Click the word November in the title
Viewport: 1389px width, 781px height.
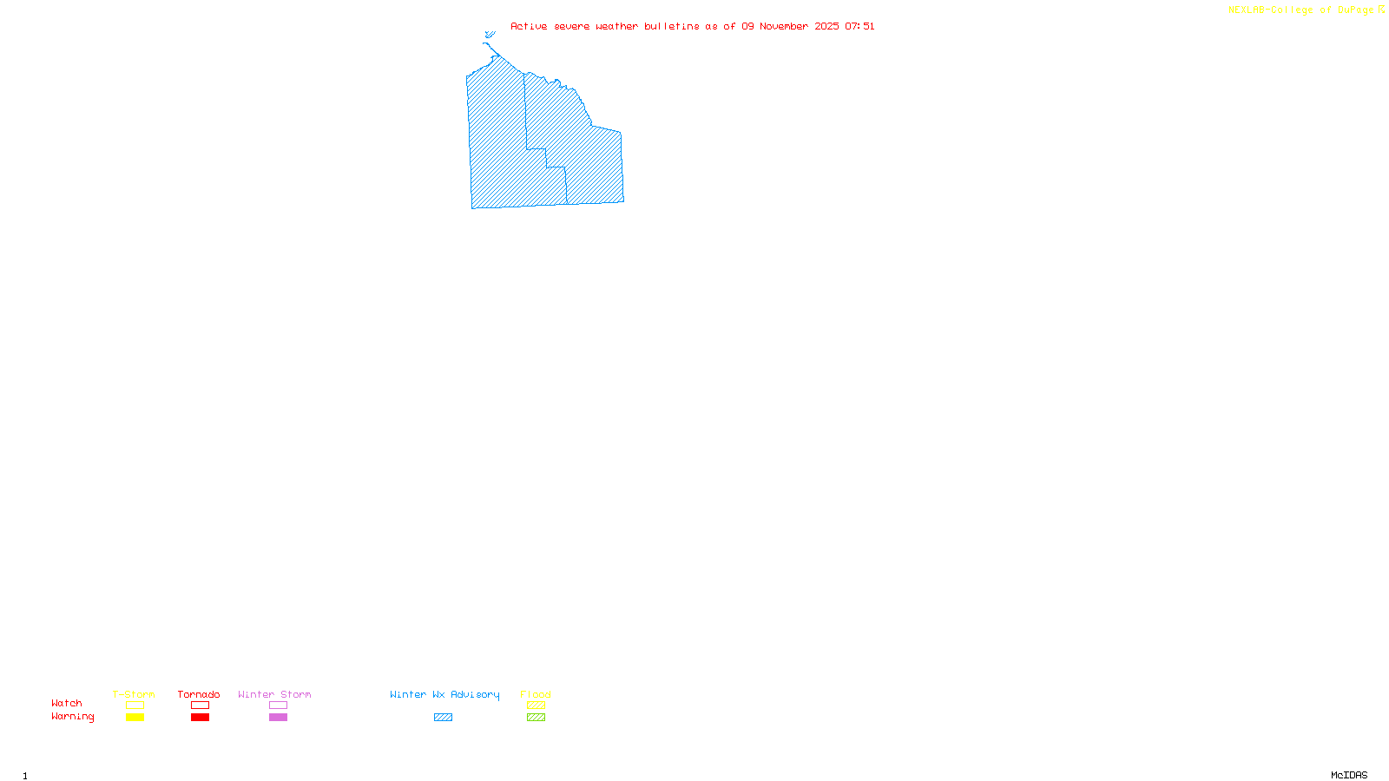click(784, 27)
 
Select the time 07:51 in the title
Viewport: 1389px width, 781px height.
click(859, 27)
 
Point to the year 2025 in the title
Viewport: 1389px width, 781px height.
click(826, 27)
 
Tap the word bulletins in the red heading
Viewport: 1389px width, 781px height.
click(672, 27)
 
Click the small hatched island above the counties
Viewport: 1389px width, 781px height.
click(490, 35)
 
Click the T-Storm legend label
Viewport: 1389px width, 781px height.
click(134, 694)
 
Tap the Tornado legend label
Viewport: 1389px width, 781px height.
click(199, 694)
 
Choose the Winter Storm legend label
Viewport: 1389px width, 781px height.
click(274, 694)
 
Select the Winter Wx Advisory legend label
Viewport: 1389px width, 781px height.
click(444, 694)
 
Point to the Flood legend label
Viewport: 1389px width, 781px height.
click(536, 694)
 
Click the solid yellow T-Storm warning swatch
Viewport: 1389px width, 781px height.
click(135, 718)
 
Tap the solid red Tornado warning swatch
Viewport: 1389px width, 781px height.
click(200, 718)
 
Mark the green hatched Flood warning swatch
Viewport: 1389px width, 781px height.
click(536, 718)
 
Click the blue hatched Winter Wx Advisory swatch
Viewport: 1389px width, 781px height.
click(443, 718)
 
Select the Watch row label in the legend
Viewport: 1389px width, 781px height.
click(67, 704)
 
